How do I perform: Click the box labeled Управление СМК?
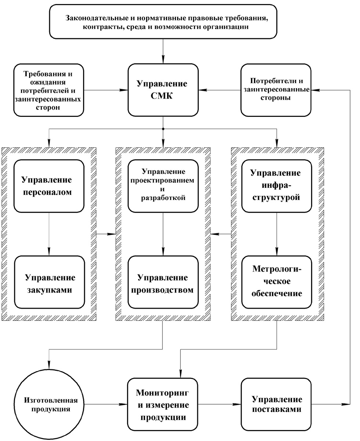point(163,90)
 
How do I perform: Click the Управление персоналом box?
point(49,186)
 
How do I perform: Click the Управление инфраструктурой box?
point(277,186)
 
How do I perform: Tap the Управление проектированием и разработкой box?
point(163,186)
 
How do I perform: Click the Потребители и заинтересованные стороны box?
point(276,89)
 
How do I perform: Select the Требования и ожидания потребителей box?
point(47,90)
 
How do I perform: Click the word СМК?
point(163,97)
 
